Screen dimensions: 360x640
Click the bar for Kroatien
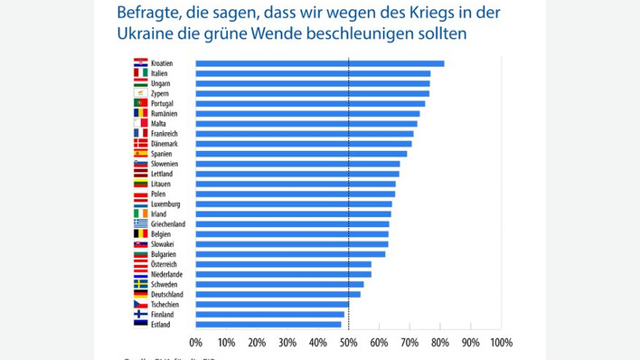click(319, 63)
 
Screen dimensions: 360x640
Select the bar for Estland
click(268, 324)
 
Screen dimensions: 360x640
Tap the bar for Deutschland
click(278, 294)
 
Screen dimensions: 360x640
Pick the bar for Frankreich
click(305, 134)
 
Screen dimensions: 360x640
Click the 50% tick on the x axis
click(349, 343)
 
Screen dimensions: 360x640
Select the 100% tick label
click(500, 343)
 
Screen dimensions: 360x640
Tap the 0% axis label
click(196, 343)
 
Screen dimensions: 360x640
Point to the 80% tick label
click(440, 343)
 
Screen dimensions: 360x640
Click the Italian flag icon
click(141, 73)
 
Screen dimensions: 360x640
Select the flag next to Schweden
click(141, 284)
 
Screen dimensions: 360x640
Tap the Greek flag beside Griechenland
click(141, 223)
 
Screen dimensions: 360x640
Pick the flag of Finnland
click(141, 314)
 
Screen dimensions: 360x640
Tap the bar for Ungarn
click(313, 83)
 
